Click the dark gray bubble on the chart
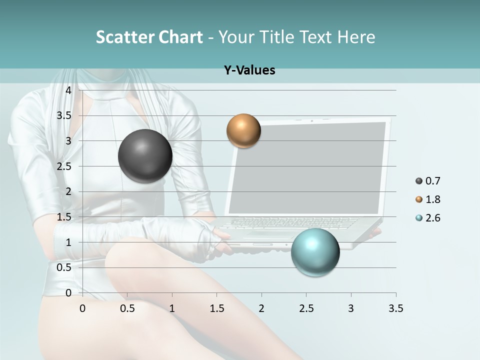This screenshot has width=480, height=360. click(x=145, y=156)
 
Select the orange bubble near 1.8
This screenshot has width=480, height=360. click(x=243, y=131)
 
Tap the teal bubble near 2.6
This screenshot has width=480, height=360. click(x=315, y=251)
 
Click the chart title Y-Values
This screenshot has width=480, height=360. click(x=249, y=70)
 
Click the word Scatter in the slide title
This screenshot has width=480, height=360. click(x=124, y=37)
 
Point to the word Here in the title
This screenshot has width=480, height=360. click(x=355, y=37)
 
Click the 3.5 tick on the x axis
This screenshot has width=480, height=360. click(x=395, y=308)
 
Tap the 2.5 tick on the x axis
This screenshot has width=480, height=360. click(x=306, y=308)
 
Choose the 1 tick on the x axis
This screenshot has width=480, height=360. click(x=172, y=308)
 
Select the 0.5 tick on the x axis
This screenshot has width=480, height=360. click(x=127, y=308)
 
